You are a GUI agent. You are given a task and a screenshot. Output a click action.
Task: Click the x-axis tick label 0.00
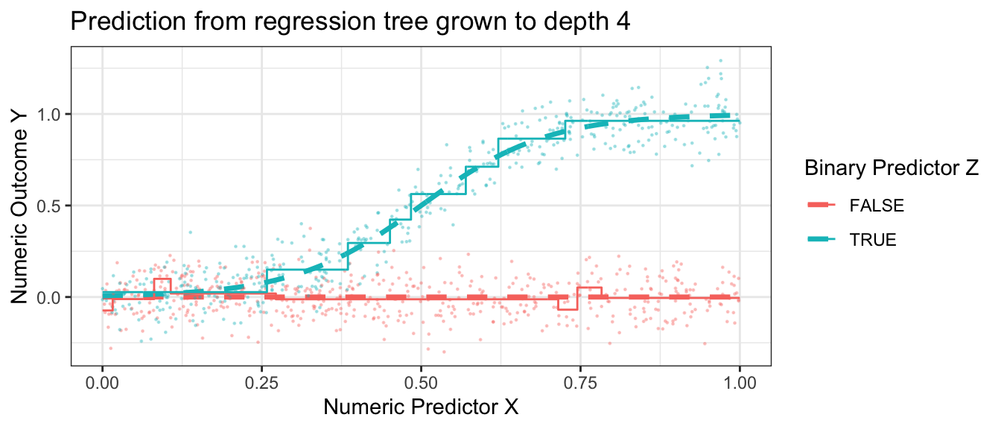pyautogui.click(x=102, y=384)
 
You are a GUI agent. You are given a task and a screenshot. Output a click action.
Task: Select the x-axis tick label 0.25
pyautogui.click(x=261, y=384)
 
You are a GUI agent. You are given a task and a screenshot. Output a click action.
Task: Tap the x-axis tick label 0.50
pyautogui.click(x=421, y=384)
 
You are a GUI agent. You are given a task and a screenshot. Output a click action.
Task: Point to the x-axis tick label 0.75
pyautogui.click(x=580, y=384)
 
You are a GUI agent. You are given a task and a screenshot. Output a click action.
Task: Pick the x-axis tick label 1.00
pyautogui.click(x=740, y=384)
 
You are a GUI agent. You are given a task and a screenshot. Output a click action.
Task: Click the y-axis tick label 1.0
pyautogui.click(x=48, y=115)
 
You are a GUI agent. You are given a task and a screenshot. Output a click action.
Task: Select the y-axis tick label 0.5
pyautogui.click(x=48, y=206)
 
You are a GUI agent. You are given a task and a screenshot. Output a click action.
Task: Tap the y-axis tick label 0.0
pyautogui.click(x=48, y=298)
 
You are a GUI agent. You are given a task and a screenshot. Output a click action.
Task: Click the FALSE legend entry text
pyautogui.click(x=877, y=206)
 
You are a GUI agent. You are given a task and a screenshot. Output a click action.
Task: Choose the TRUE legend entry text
pyautogui.click(x=873, y=240)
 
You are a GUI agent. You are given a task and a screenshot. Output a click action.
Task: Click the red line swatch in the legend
pyautogui.click(x=822, y=205)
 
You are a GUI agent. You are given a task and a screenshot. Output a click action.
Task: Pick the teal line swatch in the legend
pyautogui.click(x=822, y=240)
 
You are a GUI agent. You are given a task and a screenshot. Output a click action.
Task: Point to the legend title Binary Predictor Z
pyautogui.click(x=892, y=168)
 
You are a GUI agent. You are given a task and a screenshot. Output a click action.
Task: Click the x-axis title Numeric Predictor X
pyautogui.click(x=421, y=407)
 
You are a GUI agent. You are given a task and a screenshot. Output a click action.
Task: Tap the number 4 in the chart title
pyautogui.click(x=624, y=21)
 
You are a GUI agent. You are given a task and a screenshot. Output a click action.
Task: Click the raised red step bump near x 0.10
pyautogui.click(x=162, y=279)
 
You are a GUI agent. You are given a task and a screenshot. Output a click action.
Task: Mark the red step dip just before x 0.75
pyautogui.click(x=568, y=309)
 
